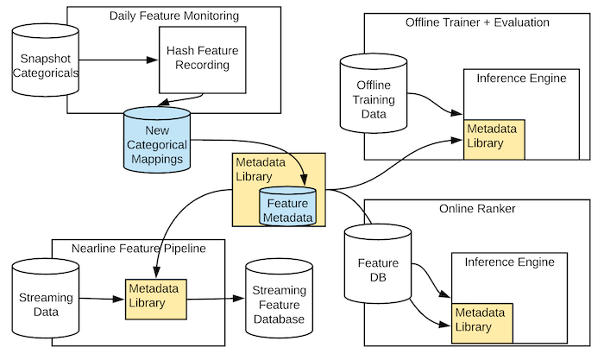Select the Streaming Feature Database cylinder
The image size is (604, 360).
tap(279, 300)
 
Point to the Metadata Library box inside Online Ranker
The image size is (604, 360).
tap(483, 320)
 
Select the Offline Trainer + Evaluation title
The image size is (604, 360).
tap(477, 20)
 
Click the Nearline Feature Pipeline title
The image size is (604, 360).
tap(138, 249)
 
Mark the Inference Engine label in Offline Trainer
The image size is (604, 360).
tap(521, 79)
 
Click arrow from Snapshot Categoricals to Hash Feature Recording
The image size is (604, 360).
tap(117, 60)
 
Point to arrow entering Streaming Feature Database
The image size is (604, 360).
tap(217, 300)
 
